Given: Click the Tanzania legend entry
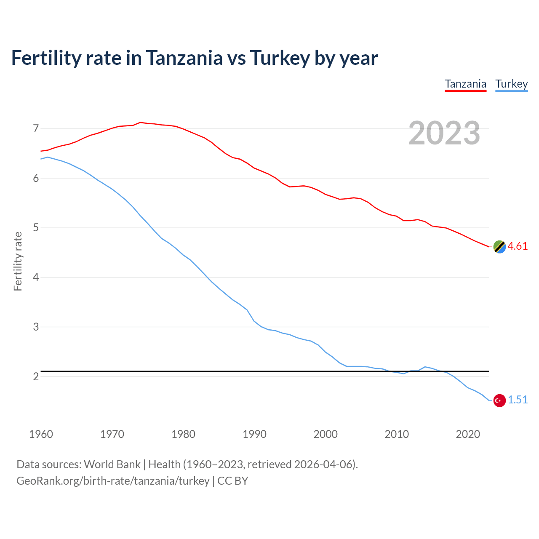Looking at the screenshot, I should [x=465, y=84].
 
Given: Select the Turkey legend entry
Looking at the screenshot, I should [x=511, y=84].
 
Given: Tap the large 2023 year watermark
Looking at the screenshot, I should [x=444, y=133].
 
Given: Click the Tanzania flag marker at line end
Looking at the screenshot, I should [x=499, y=247].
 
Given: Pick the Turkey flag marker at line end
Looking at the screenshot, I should [x=499, y=400].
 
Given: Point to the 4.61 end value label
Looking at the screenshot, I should [x=518, y=246].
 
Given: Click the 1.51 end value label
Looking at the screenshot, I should [x=518, y=400].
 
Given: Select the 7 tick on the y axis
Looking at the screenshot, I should [x=36, y=129].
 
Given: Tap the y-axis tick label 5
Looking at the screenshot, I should [x=36, y=228].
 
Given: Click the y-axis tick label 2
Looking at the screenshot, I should [x=36, y=376].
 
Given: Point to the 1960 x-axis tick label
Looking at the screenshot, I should [x=41, y=434].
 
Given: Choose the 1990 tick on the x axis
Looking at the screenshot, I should [x=254, y=434].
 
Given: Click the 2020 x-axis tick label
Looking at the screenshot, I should [x=468, y=434].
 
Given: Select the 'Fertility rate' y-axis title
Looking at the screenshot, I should [x=18, y=261].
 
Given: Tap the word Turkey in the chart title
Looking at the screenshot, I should [x=280, y=58].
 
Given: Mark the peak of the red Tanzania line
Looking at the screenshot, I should [x=140, y=122].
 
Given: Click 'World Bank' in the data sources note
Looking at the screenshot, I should [x=112, y=464].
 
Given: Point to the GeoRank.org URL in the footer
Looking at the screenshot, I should [x=113, y=481].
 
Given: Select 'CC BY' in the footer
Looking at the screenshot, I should [x=232, y=481].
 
